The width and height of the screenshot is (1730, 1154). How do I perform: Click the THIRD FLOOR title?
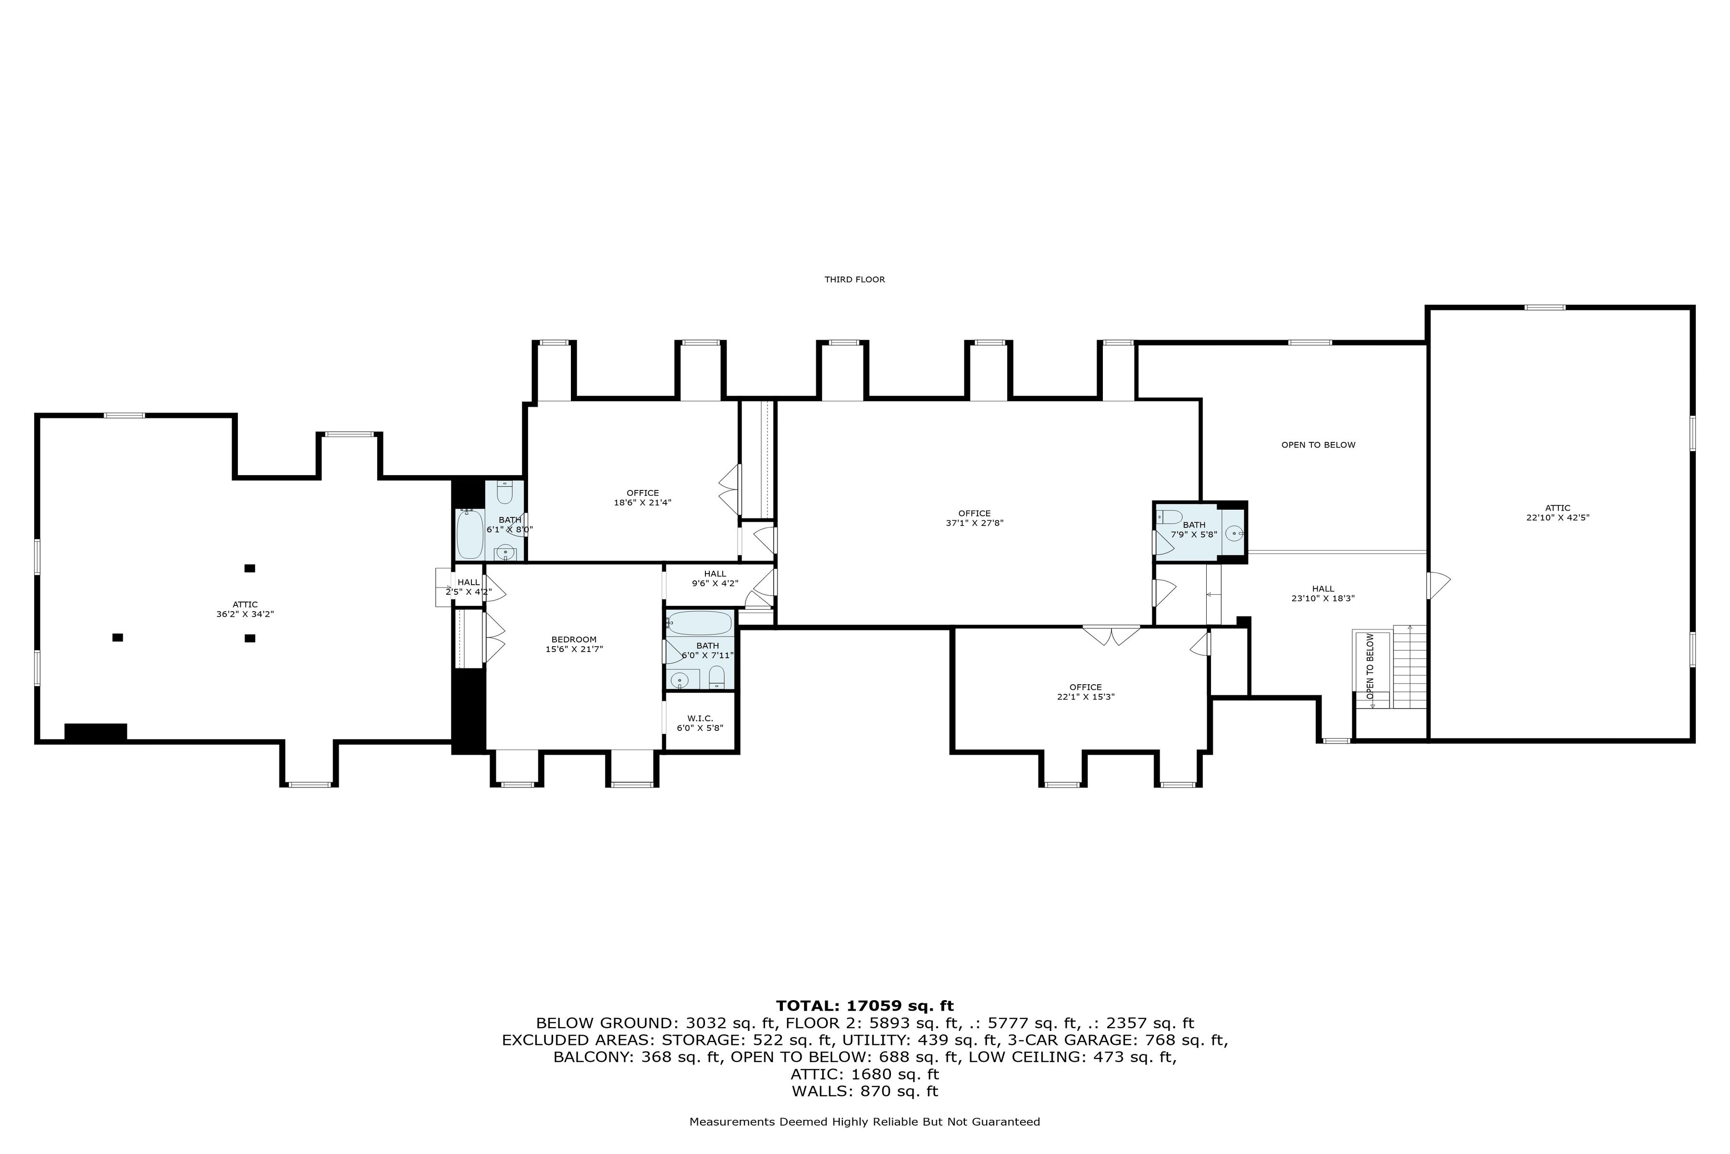pyautogui.click(x=854, y=280)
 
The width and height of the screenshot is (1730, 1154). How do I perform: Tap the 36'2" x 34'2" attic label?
pyautogui.click(x=245, y=609)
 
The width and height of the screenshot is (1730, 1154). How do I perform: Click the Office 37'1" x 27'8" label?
pyautogui.click(x=974, y=518)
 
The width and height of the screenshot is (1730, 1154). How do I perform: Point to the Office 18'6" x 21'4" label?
pyautogui.click(x=642, y=498)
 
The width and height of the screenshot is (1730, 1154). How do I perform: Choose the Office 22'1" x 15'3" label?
pyautogui.click(x=1085, y=692)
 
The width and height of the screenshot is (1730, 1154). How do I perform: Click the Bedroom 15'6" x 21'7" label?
pyautogui.click(x=574, y=644)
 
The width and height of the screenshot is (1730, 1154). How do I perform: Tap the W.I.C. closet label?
pyautogui.click(x=700, y=723)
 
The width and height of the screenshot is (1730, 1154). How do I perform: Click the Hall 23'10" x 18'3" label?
pyautogui.click(x=1322, y=593)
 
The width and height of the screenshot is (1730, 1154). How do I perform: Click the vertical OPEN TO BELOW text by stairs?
pyautogui.click(x=1370, y=666)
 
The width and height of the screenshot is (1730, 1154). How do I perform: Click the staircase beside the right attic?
pyautogui.click(x=1409, y=667)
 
